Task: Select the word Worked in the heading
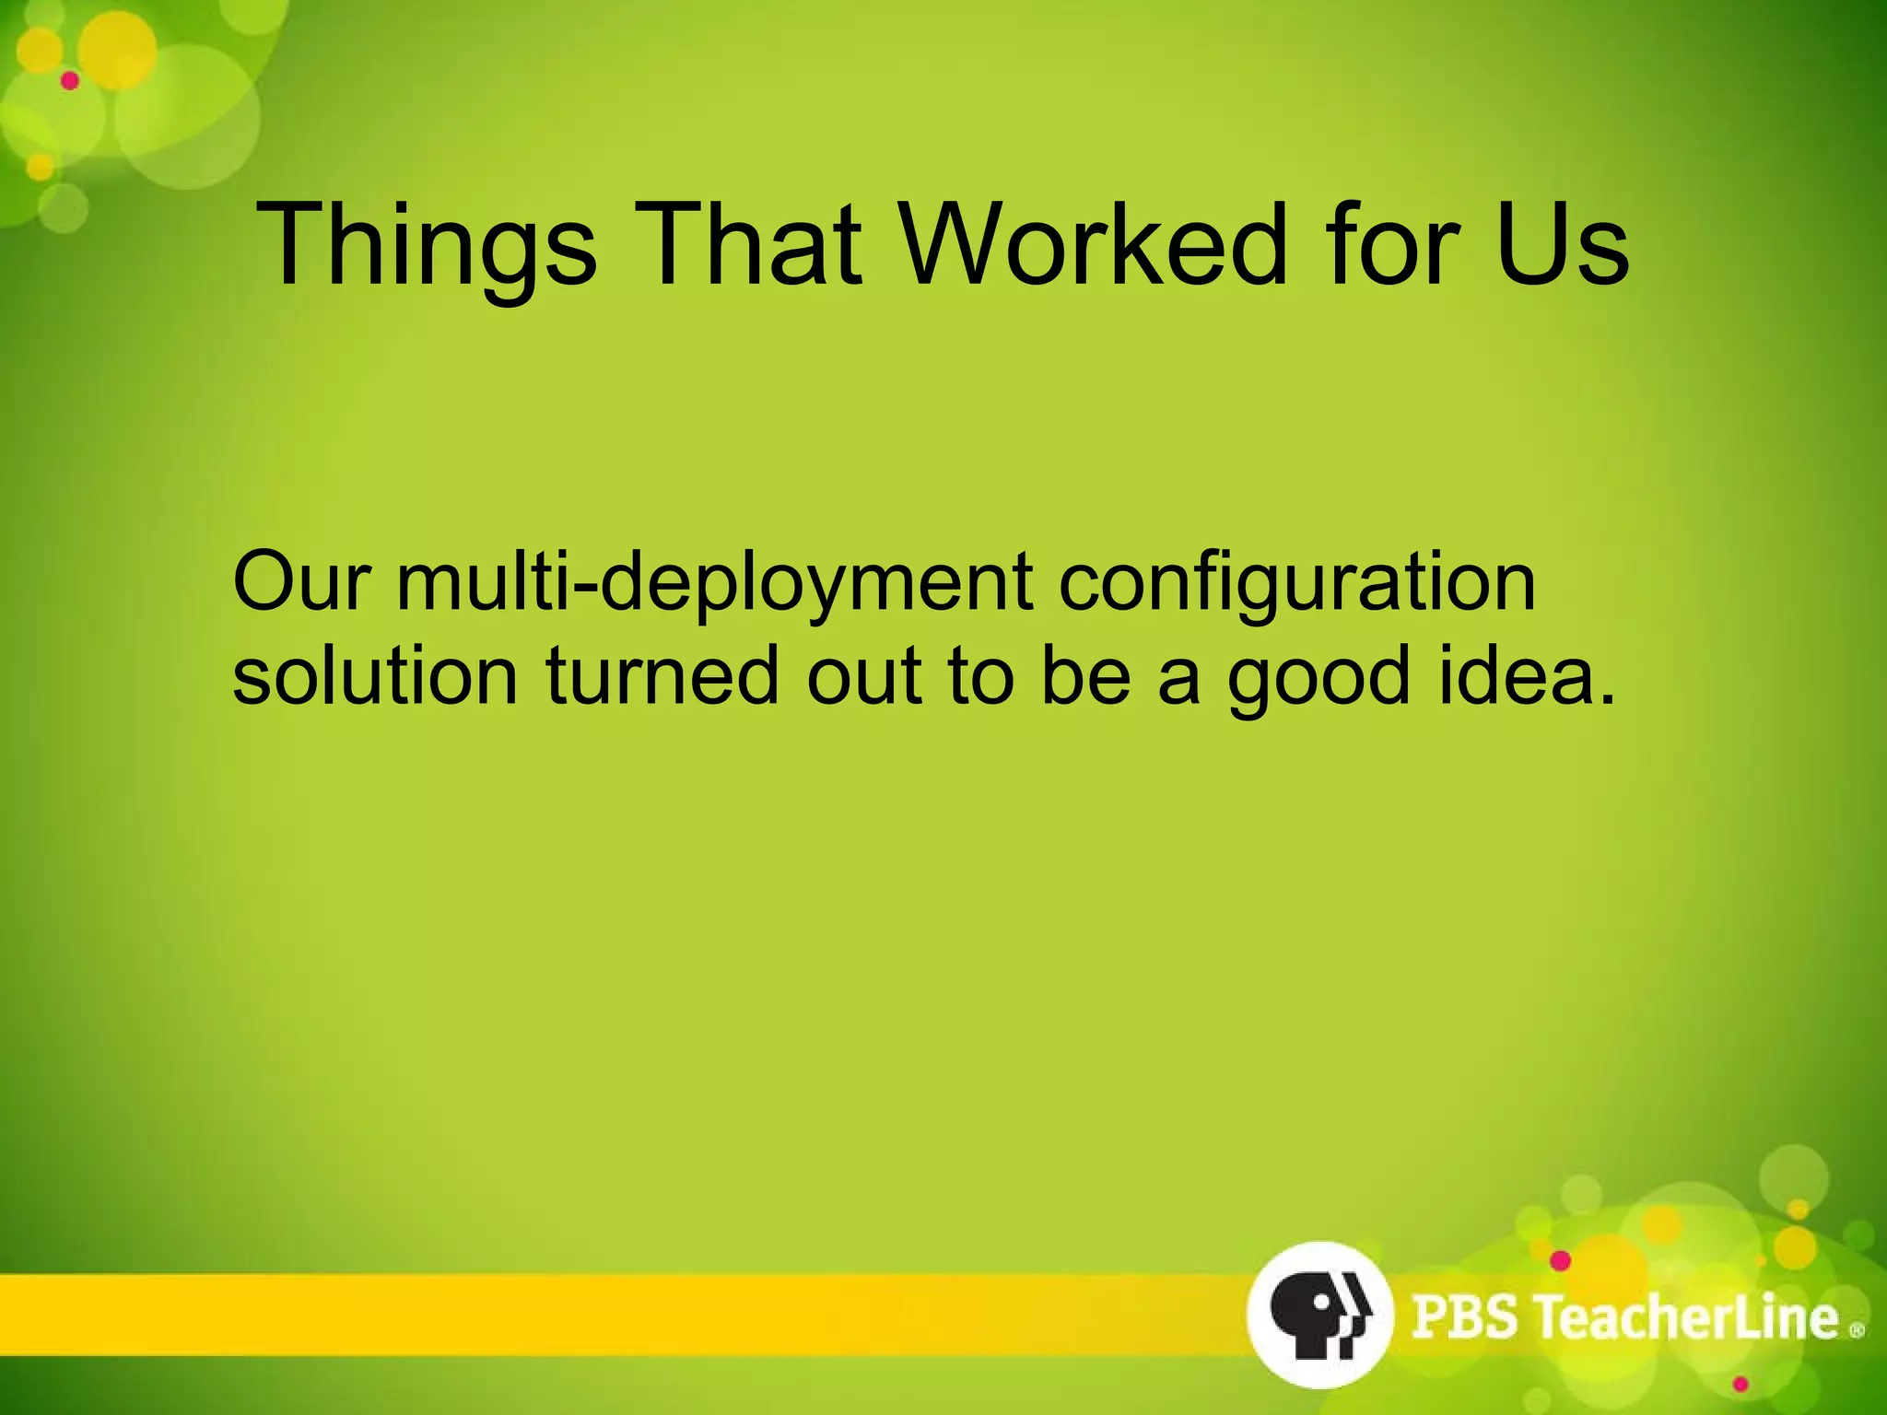click(x=1091, y=245)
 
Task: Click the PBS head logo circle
click(x=1319, y=1314)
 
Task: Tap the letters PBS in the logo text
click(x=1464, y=1316)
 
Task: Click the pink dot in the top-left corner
click(x=70, y=81)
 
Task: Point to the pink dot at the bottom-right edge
click(x=1740, y=1385)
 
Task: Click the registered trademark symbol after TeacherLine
click(x=1857, y=1329)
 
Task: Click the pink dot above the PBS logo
click(x=1560, y=1260)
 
